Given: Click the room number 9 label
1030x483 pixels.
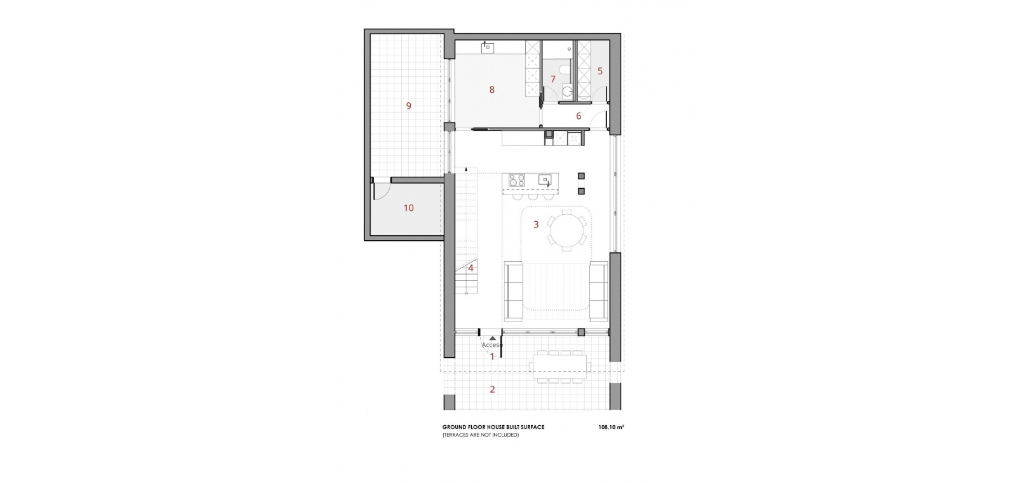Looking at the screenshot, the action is click(408, 106).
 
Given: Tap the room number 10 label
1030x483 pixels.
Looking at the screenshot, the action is click(409, 208).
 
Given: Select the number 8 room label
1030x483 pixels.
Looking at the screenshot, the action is click(492, 90).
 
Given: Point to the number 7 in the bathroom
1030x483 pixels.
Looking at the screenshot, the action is click(553, 79).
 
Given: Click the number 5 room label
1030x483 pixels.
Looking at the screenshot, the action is click(600, 71).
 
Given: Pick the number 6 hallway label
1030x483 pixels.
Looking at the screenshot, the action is click(579, 116).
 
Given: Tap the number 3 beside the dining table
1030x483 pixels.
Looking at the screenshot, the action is click(536, 224).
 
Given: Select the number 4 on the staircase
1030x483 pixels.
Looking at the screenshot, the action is click(471, 268).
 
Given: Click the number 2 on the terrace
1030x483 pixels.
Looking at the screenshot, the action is click(493, 389).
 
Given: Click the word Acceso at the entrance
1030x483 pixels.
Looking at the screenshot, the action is click(492, 344).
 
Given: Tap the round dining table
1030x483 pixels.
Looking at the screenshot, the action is click(566, 231).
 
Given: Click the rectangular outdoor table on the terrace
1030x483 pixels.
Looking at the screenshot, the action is click(560, 367).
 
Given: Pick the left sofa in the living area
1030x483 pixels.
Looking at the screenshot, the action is click(514, 290).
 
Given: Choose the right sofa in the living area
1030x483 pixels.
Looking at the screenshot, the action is click(599, 290).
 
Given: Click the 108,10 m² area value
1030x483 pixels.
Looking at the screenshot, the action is click(611, 427).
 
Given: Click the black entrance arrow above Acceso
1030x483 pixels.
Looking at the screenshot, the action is click(493, 338).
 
